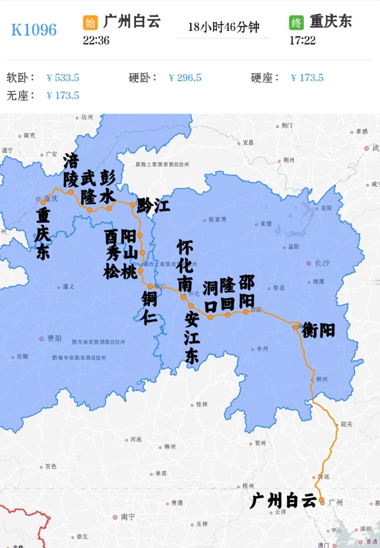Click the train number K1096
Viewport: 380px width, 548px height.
[34, 30]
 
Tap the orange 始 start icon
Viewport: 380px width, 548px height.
[90, 23]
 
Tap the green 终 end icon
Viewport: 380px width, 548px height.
[296, 23]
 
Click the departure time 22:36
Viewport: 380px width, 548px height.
[96, 40]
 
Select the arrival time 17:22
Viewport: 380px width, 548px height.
[302, 40]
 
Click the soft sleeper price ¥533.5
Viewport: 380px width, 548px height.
[63, 78]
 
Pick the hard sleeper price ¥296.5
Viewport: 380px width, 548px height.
[185, 78]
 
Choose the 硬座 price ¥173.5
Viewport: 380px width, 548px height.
[307, 78]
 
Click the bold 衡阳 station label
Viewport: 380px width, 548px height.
[318, 330]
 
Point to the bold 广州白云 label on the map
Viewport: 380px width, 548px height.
[283, 500]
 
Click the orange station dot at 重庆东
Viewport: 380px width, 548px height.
[43, 202]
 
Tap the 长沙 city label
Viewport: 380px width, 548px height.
[322, 263]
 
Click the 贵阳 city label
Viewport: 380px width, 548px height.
[54, 338]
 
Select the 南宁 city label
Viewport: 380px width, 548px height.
[128, 517]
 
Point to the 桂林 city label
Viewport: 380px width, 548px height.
[202, 404]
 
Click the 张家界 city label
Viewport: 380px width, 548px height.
[217, 220]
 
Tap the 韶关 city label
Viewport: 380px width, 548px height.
[346, 424]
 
